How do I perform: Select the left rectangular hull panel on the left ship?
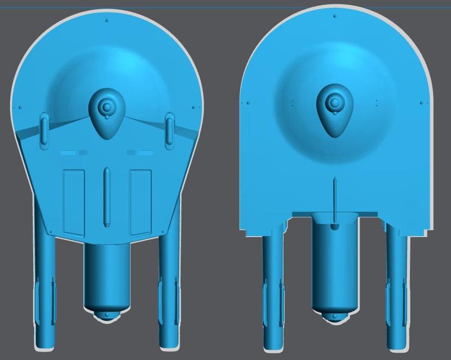[x=74, y=203]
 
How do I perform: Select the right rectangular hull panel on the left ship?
[x=140, y=203]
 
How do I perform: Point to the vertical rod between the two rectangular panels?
[x=107, y=197]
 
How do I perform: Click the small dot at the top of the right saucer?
[x=335, y=16]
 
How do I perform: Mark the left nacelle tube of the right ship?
[x=273, y=288]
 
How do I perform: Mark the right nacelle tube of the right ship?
[x=397, y=288]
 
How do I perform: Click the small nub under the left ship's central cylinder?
[x=107, y=315]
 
